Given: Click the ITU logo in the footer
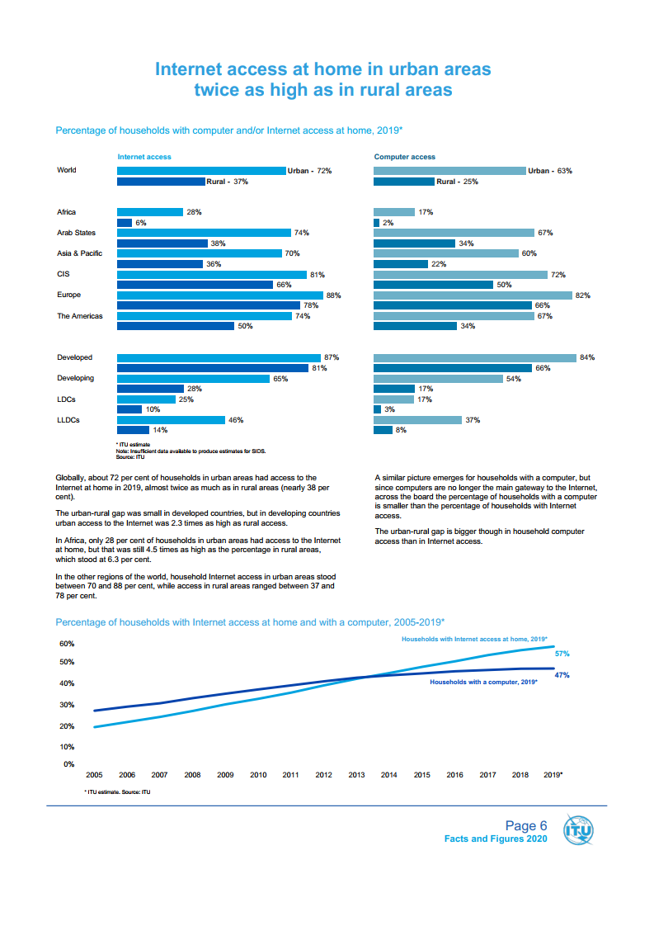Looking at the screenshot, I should pos(577,830).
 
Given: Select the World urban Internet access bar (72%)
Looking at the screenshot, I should pos(201,171).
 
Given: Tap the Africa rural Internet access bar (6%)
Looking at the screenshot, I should pos(125,223).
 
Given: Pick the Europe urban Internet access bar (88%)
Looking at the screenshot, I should pos(220,295).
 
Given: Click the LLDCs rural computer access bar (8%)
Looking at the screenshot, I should pos(383,430).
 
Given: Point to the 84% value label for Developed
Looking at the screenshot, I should pos(587,357).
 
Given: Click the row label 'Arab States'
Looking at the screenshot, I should pos(76,233).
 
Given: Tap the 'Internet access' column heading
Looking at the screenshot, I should pos(144,157).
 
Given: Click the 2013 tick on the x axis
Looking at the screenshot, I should pos(356,775).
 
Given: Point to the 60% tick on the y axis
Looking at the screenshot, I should pos(67,644).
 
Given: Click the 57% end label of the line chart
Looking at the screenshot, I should pos(562,654).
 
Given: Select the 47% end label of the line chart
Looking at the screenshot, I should pos(562,675).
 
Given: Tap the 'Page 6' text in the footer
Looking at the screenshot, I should pos(526,826).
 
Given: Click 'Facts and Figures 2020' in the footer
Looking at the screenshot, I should pos(496,839).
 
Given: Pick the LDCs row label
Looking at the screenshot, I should pos(67,399).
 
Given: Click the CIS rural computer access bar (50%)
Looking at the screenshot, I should pos(434,285).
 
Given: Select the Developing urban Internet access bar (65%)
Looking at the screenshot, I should pos(193,379).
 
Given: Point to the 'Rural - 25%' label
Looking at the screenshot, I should pos(457,182).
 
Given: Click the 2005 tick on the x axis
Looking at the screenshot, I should pos(94,775).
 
